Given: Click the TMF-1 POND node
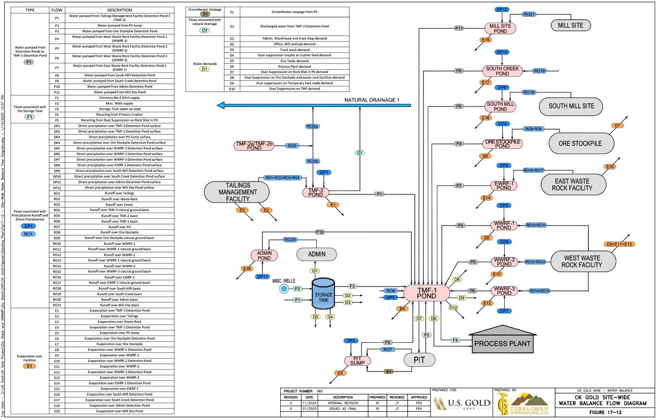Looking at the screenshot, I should click(x=426, y=293).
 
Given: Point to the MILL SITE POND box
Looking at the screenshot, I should click(x=500, y=28).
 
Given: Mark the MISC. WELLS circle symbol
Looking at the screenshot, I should click(x=284, y=288).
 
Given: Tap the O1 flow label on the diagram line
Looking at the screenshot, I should click(x=359, y=153).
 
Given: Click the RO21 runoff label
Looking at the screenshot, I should click(x=529, y=14).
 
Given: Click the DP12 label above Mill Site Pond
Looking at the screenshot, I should click(x=501, y=10).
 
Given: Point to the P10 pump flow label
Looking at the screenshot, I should click(x=320, y=232).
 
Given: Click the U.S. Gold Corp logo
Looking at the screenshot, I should click(x=462, y=402).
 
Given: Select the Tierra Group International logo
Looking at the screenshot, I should click(x=524, y=401).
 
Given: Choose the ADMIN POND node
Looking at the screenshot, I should click(x=264, y=255).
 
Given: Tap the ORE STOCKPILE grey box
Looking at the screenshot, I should click(x=582, y=143).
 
